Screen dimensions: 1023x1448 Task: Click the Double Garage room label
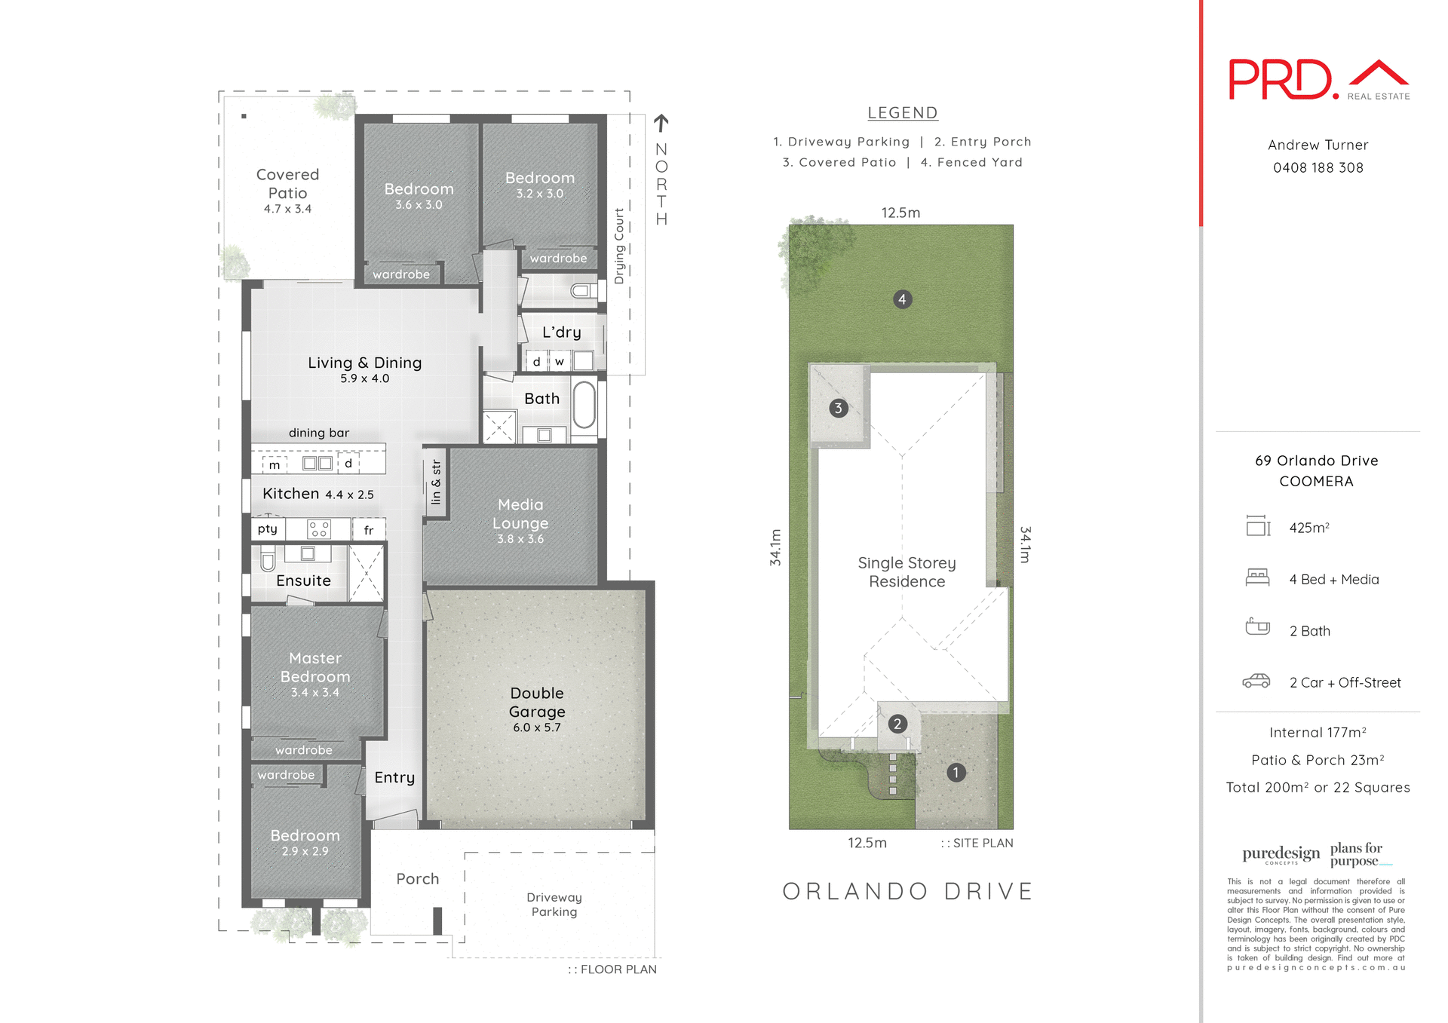point(536,702)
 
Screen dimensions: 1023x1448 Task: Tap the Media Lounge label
point(520,513)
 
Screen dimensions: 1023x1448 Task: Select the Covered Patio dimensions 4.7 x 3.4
point(287,209)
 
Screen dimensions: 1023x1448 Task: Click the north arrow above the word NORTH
point(661,122)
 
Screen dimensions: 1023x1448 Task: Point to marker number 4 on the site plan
point(902,299)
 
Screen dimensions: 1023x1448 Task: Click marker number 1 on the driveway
point(956,772)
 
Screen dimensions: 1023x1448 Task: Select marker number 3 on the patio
point(838,408)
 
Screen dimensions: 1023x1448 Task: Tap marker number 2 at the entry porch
point(897,724)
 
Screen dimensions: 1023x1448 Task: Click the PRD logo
point(1282,79)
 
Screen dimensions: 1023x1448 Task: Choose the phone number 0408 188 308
point(1318,167)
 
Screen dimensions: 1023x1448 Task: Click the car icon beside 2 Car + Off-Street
point(1256,681)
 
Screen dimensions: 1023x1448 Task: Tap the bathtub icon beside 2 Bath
point(1257,626)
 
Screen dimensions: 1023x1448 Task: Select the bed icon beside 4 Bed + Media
point(1257,577)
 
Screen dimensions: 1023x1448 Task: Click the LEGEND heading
point(902,113)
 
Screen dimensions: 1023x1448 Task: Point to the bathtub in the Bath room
point(584,404)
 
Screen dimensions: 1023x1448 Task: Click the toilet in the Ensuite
point(268,560)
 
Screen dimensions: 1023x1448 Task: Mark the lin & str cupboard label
point(436,482)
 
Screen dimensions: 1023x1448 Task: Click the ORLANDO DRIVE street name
point(907,891)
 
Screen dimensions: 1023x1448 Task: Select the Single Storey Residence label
point(907,572)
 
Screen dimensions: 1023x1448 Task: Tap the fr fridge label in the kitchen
point(369,530)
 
